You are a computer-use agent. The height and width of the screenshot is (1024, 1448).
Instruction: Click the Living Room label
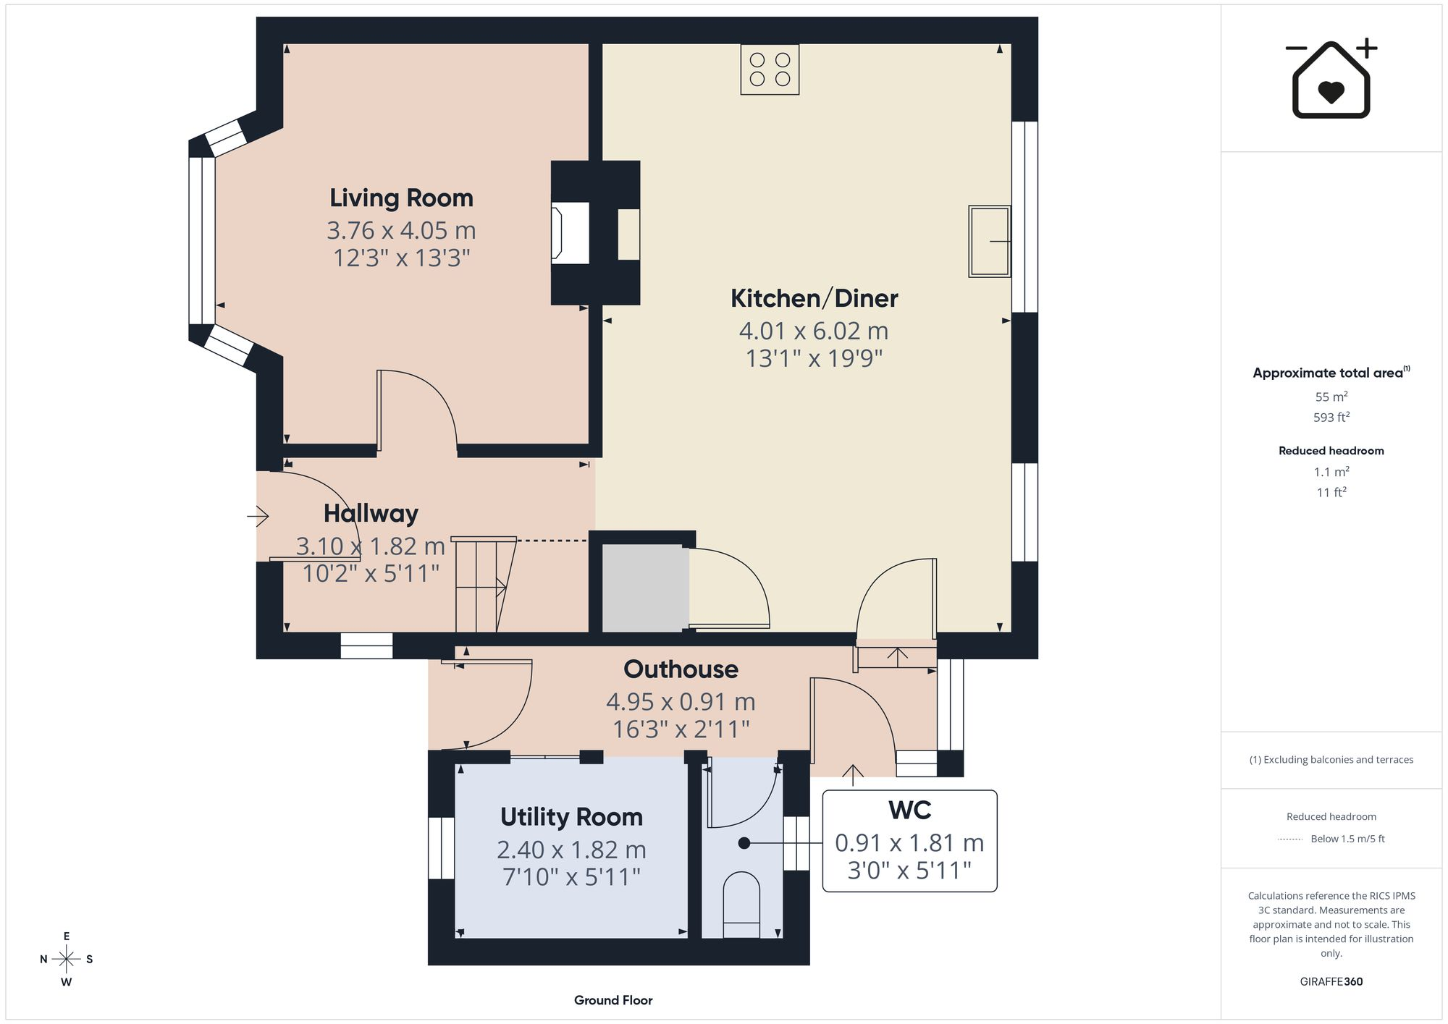click(x=401, y=198)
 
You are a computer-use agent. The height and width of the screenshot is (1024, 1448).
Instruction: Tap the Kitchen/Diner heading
click(x=814, y=298)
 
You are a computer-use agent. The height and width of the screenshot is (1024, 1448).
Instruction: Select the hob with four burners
click(x=770, y=69)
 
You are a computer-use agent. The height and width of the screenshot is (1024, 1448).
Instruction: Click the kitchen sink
click(x=990, y=241)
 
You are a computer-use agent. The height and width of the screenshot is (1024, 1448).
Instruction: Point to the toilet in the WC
click(x=742, y=905)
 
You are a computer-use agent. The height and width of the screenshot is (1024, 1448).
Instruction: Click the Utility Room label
click(x=571, y=817)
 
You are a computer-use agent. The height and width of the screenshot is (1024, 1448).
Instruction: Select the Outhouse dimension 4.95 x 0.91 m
click(x=681, y=701)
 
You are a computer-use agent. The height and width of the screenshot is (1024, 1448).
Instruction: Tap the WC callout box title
click(x=909, y=811)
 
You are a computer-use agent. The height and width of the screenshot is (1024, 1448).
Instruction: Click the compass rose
click(x=67, y=960)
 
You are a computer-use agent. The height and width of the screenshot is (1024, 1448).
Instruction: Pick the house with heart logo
click(x=1331, y=78)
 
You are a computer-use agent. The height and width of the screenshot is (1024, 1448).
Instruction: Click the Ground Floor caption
click(x=613, y=1000)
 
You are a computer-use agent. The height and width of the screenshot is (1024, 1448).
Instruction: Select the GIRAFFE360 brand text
click(x=1331, y=981)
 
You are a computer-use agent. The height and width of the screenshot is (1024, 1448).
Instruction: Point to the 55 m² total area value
click(x=1331, y=397)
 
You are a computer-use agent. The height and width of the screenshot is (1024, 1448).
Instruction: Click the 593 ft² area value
click(x=1331, y=417)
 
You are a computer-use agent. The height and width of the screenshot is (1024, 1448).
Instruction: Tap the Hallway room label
click(x=371, y=513)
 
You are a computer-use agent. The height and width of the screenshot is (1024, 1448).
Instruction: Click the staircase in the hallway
click(x=484, y=585)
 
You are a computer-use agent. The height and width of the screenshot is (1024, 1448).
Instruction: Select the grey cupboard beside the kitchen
click(x=645, y=588)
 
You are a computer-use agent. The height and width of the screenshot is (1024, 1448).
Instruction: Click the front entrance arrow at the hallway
click(x=258, y=516)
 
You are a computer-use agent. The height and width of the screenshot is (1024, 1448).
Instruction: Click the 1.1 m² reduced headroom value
click(x=1331, y=472)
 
